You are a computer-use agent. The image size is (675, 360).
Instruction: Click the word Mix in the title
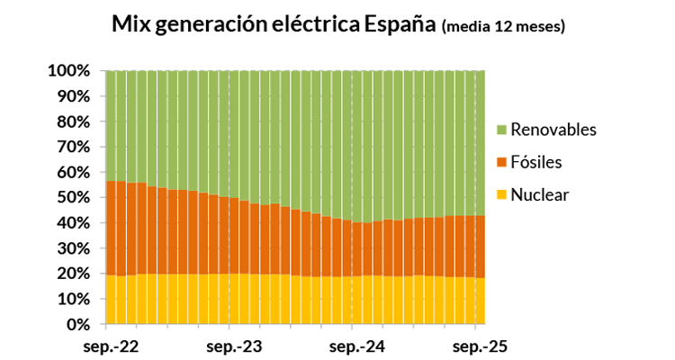(131, 24)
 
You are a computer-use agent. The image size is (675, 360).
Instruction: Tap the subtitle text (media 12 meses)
(504, 26)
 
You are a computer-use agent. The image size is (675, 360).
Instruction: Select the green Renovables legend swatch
(501, 130)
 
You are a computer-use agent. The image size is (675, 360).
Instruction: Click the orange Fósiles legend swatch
(501, 163)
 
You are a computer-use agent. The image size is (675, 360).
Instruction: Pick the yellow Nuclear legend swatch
(501, 194)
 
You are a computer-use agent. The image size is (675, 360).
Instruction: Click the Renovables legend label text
(553, 130)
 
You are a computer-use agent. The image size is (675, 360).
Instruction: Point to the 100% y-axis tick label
(68, 70)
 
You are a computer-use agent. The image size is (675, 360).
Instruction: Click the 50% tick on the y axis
(73, 197)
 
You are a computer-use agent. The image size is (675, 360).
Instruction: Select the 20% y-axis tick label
(73, 273)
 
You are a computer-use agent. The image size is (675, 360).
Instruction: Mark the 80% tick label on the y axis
(73, 121)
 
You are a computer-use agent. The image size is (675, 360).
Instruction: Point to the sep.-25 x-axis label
(477, 346)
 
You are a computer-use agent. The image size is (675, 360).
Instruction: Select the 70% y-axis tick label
(73, 146)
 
